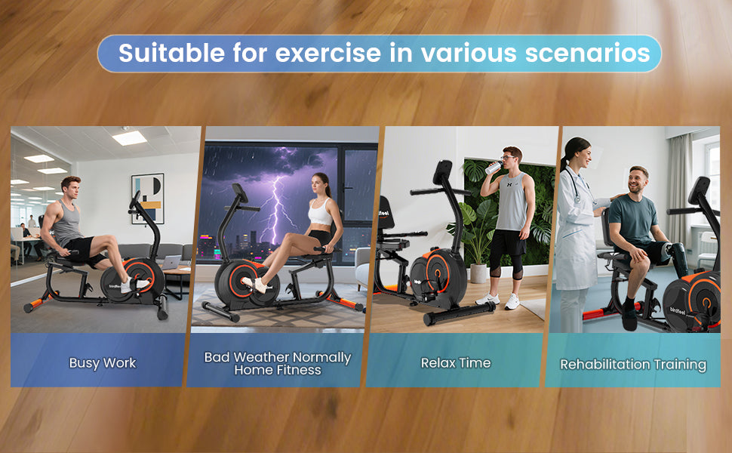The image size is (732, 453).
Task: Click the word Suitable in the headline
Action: pyautogui.click(x=172, y=53)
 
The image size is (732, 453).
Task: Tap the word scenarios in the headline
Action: pyautogui.click(x=587, y=53)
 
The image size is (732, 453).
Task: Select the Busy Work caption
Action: pyautogui.click(x=102, y=363)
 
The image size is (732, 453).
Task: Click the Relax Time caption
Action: pyautogui.click(x=456, y=363)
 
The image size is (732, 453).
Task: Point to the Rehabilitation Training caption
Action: pyautogui.click(x=633, y=364)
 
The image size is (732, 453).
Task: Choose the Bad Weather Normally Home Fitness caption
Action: pyautogui.click(x=278, y=363)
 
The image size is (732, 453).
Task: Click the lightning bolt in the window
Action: pyautogui.click(x=278, y=205)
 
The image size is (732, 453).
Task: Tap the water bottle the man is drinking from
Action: pyautogui.click(x=494, y=167)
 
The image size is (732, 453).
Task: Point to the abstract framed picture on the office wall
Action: pyautogui.click(x=147, y=199)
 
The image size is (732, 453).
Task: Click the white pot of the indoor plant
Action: pyautogui.click(x=478, y=273)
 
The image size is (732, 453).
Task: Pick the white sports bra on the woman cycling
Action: pyautogui.click(x=320, y=213)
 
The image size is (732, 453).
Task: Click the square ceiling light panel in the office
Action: pyautogui.click(x=129, y=137)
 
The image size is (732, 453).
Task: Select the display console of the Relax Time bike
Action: pyautogui.click(x=442, y=172)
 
